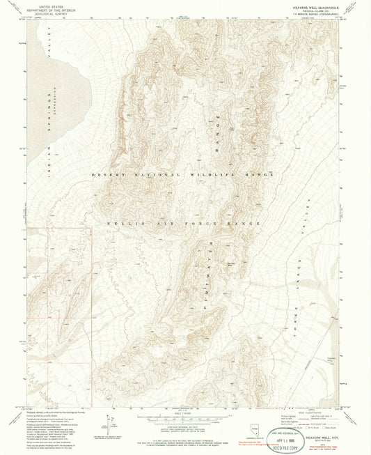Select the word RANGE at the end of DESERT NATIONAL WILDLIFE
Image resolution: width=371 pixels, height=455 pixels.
[x=259, y=173]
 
